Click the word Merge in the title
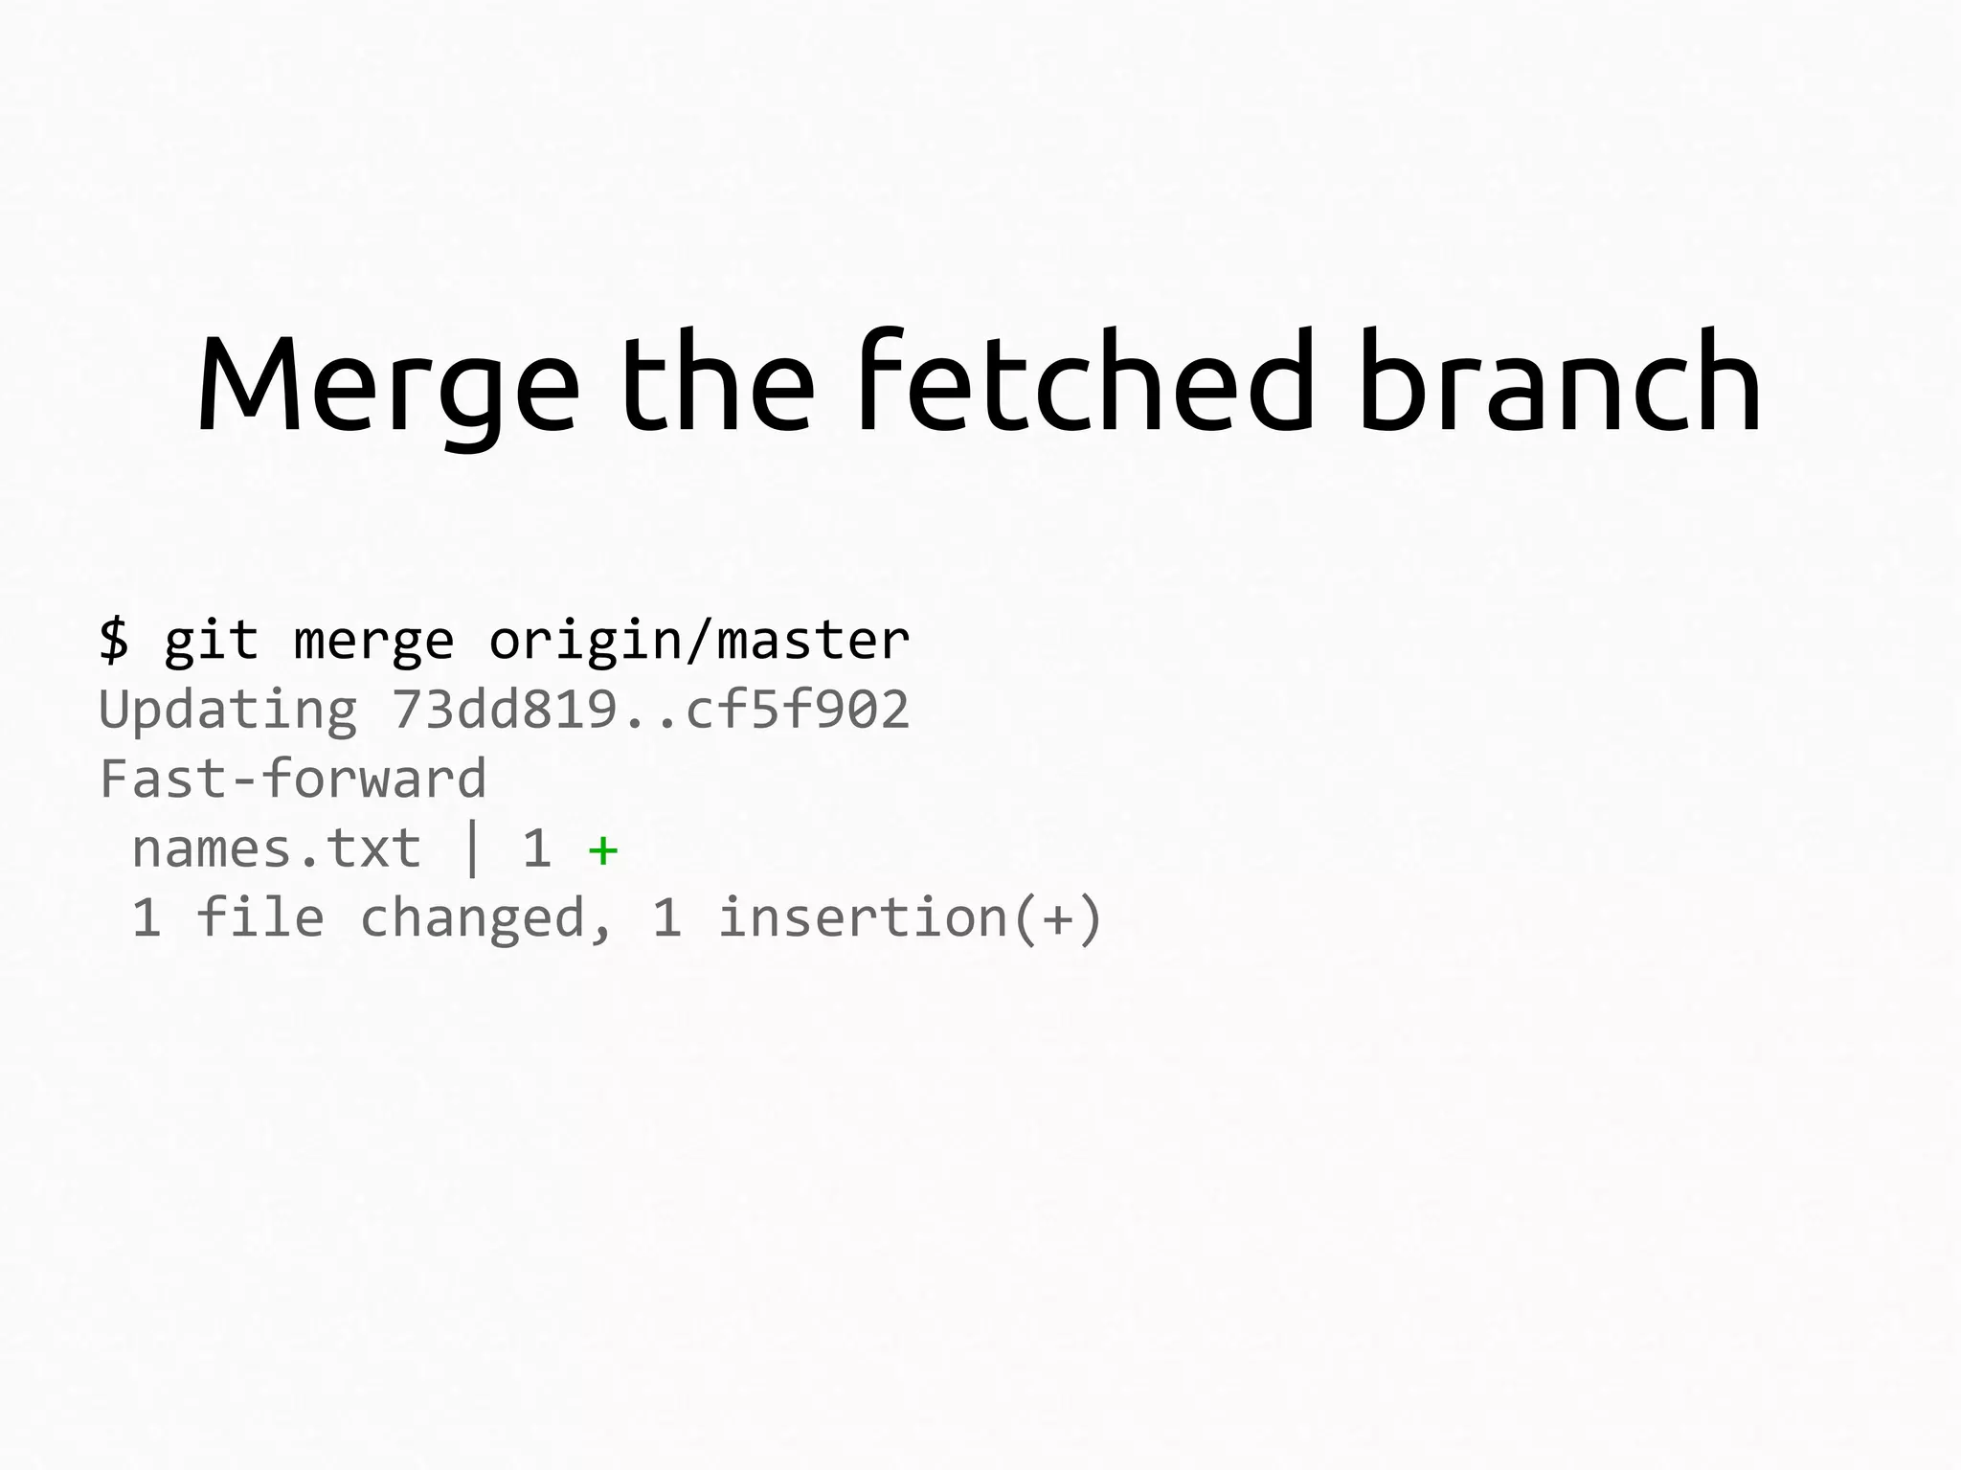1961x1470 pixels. pos(388,383)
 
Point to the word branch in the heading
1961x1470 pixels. pos(1559,383)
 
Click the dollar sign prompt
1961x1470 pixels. pos(114,640)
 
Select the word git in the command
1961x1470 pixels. pos(212,640)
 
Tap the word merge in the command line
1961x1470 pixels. pos(373,640)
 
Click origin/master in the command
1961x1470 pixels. pos(699,640)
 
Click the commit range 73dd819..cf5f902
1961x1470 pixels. pos(650,710)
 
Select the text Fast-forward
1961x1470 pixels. pos(293,779)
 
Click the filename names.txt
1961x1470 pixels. pos(277,848)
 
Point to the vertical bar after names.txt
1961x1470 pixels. pos(471,848)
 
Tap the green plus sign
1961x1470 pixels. pos(603,849)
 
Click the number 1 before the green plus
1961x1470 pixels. pos(537,848)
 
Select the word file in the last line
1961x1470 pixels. pos(260,917)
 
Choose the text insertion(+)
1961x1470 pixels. pos(911,917)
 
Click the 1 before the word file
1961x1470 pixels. pos(147,917)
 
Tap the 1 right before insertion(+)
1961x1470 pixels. pos(667,917)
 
